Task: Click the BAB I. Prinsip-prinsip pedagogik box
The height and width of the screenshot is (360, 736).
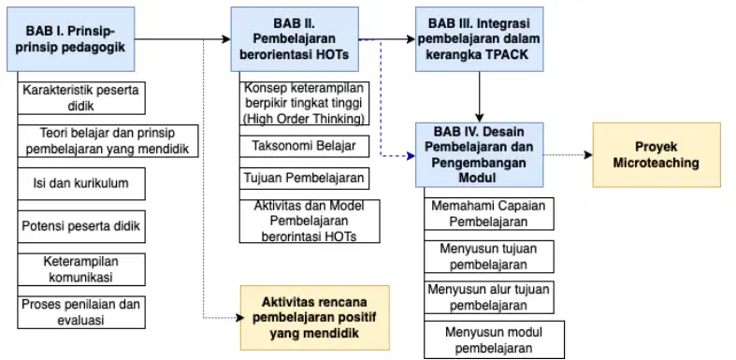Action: (71, 39)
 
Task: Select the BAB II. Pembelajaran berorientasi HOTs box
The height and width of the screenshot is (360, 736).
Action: (295, 39)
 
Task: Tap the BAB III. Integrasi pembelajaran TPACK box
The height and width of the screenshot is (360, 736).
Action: (479, 39)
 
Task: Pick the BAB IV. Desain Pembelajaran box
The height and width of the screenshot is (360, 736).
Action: (479, 155)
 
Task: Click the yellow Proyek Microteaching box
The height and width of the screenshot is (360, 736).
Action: (657, 155)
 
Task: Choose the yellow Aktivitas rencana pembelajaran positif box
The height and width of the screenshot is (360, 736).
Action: (315, 318)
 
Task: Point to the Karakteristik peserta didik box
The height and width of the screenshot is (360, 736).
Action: (81, 97)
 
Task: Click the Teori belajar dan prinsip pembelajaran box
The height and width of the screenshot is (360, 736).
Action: (108, 141)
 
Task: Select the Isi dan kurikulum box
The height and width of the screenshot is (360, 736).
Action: (81, 183)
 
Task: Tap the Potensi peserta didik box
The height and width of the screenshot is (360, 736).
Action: (81, 226)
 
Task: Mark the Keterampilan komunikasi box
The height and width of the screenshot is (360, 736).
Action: (81, 269)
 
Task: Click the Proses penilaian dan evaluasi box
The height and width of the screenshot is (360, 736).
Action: (81, 312)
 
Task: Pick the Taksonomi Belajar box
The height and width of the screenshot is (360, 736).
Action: (304, 146)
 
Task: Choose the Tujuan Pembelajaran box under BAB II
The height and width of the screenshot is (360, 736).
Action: (304, 179)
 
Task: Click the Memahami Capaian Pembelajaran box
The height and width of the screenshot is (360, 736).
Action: (488, 213)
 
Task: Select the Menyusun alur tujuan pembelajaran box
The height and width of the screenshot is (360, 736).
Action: (488, 297)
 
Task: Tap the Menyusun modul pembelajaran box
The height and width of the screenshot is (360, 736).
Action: (494, 339)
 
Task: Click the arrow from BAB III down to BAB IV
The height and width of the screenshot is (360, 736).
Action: (479, 96)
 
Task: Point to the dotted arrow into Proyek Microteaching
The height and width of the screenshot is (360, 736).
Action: (568, 155)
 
